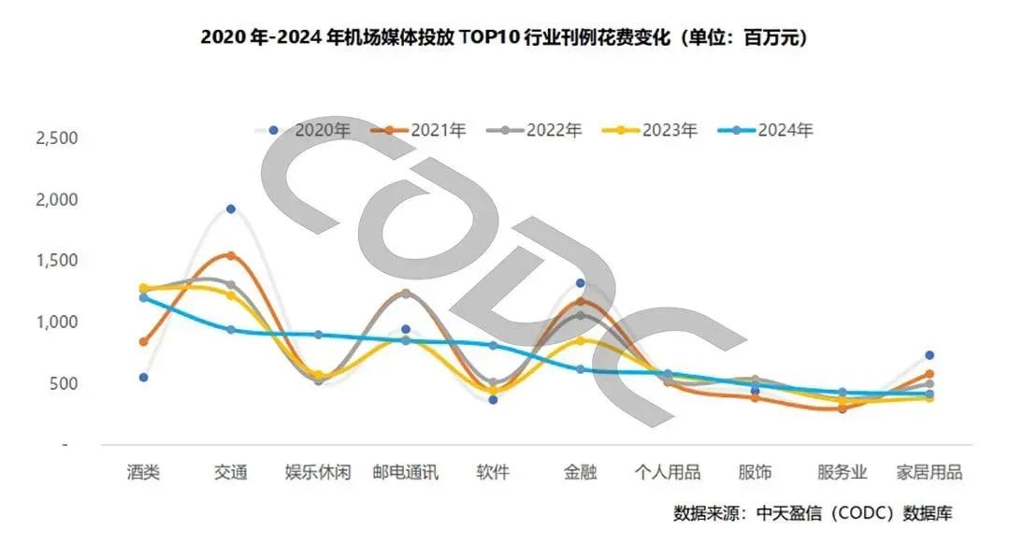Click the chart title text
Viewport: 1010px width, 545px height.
[x=504, y=38]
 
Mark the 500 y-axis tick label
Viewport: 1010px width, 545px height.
[x=64, y=384]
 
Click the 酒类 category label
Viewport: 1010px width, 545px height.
[x=144, y=472]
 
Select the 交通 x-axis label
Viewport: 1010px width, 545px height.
[x=230, y=472]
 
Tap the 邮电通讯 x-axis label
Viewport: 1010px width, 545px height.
[x=405, y=472]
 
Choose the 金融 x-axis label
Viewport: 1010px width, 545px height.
[x=581, y=472]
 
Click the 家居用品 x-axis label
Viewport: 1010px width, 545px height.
[x=929, y=472]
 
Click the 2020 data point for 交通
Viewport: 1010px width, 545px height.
[x=231, y=208]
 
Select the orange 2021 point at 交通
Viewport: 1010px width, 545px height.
[x=231, y=255]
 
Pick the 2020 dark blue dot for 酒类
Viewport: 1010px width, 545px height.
[x=143, y=378]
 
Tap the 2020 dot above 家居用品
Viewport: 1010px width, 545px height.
[x=930, y=355]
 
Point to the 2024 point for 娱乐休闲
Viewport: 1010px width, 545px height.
[x=318, y=335]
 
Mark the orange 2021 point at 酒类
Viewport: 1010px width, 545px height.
[x=143, y=342]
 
